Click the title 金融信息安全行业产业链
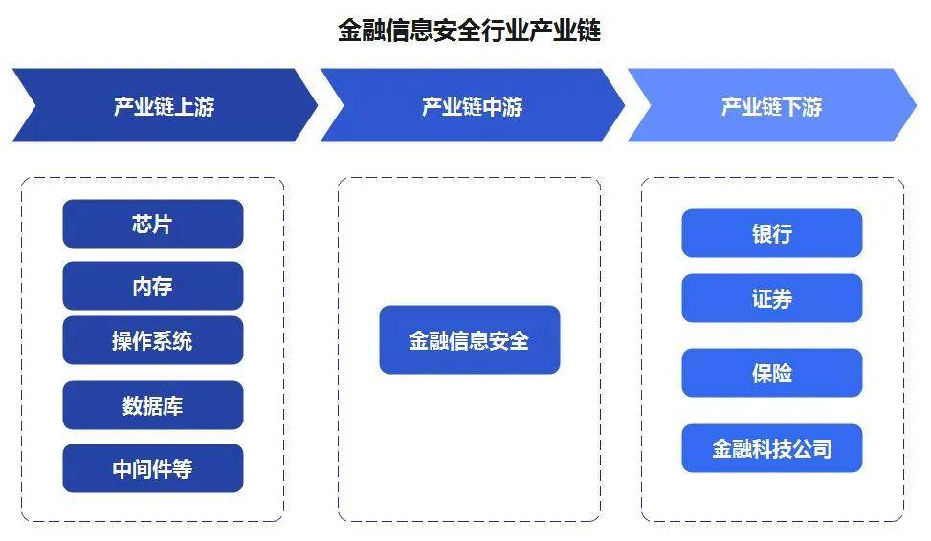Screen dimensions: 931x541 469,31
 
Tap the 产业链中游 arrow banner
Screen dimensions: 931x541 473,105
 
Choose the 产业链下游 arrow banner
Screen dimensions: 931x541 772,105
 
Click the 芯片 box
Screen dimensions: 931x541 152,224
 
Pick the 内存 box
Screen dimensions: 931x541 152,286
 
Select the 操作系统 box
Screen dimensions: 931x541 152,340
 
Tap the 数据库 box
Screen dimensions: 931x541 152,405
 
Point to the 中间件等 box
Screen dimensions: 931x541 152,468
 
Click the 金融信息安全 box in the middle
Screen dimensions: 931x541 469,340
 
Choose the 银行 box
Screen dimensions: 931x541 772,233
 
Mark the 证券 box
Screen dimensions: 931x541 772,298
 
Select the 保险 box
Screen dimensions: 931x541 772,373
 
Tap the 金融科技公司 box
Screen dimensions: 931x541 772,448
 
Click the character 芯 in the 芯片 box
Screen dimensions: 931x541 143,225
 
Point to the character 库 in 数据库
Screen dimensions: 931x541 173,406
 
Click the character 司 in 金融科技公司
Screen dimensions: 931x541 822,449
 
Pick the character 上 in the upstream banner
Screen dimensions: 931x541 185,107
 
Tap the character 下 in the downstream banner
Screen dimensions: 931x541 792,107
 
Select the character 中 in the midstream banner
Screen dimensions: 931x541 492,107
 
